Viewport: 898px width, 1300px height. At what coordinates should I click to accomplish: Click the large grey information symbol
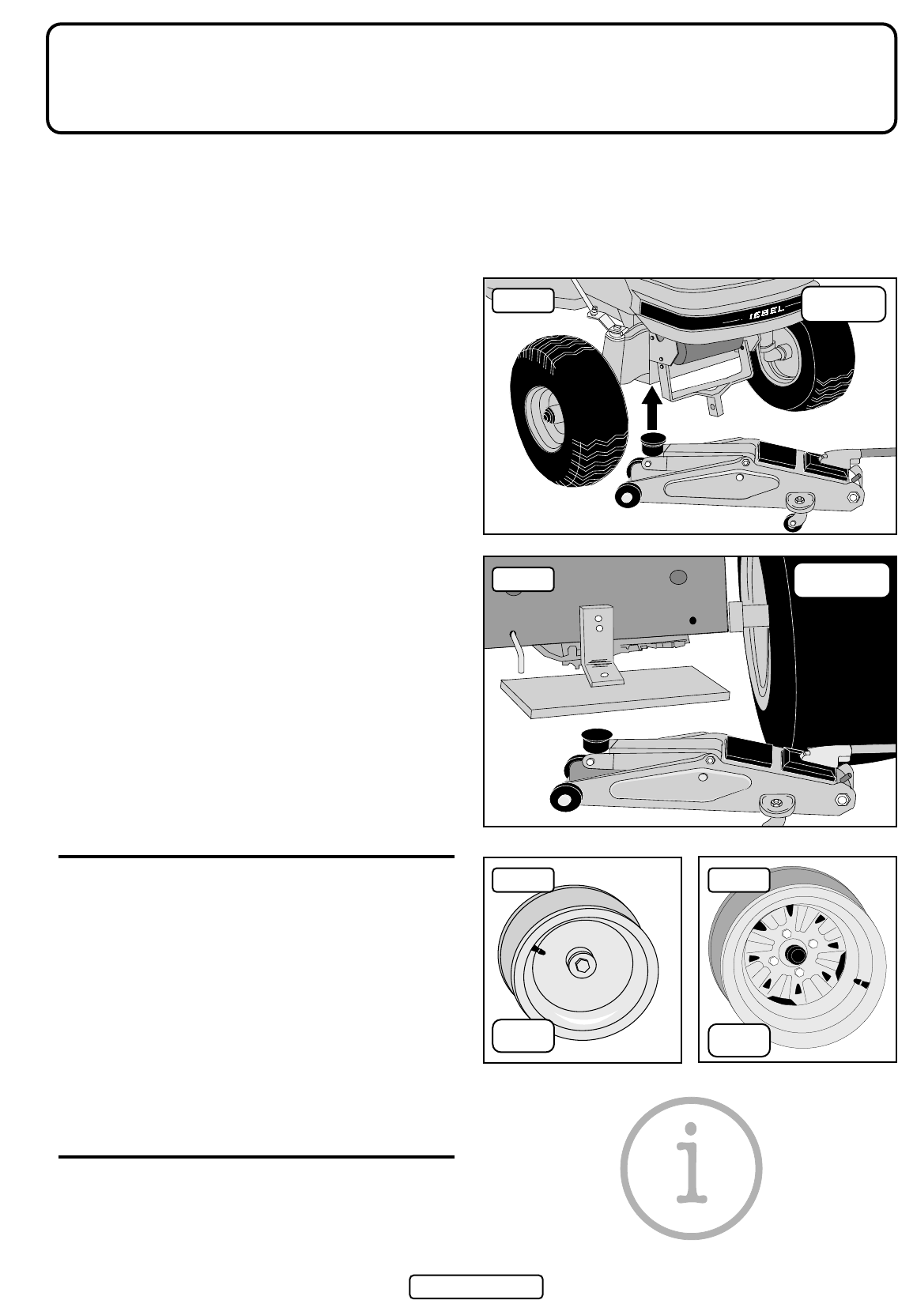[691, 1167]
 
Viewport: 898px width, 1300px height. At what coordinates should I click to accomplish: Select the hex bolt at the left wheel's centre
[581, 966]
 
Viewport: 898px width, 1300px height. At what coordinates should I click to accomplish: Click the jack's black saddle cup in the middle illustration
[595, 741]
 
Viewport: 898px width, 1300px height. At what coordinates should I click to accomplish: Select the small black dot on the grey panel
[692, 620]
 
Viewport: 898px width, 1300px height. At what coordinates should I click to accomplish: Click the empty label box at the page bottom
[476, 1287]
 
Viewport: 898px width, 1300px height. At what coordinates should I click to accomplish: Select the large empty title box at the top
[471, 78]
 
